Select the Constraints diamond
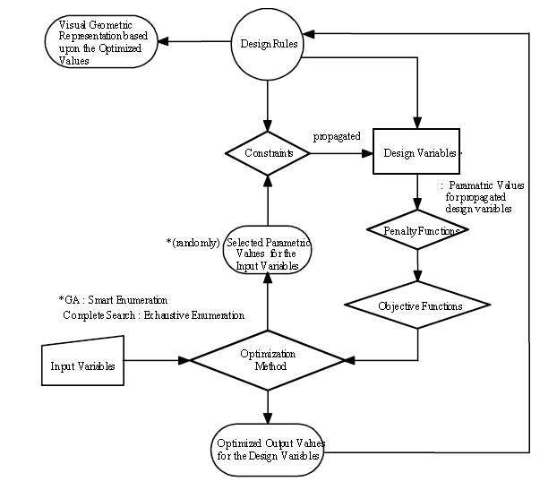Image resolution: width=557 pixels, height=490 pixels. tap(268, 153)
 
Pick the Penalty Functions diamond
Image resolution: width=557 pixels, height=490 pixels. tap(417, 229)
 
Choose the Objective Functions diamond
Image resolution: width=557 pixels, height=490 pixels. tap(417, 305)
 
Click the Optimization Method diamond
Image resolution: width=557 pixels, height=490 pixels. tap(268, 360)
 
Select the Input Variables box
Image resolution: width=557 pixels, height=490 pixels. tap(82, 361)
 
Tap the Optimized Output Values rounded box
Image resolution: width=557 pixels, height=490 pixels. tap(268, 450)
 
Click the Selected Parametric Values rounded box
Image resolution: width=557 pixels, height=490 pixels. tap(268, 250)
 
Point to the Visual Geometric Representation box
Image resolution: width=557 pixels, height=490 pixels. tap(101, 41)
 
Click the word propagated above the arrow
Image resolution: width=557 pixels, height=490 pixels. tap(337, 136)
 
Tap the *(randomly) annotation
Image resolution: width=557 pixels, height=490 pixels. tap(193, 243)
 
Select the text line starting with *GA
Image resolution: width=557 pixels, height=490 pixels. tap(114, 300)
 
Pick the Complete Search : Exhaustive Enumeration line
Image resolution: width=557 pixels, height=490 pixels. tap(154, 315)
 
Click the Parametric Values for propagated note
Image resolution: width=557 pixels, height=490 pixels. tap(483, 196)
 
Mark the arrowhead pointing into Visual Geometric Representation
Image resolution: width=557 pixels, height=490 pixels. tap(163, 41)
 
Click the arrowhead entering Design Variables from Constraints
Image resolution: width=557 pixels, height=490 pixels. tap(367, 153)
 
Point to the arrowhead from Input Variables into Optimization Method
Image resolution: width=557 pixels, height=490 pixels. tap(184, 361)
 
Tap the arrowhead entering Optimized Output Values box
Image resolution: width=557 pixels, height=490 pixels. tap(268, 417)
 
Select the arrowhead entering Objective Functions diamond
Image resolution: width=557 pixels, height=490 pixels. tap(417, 276)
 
